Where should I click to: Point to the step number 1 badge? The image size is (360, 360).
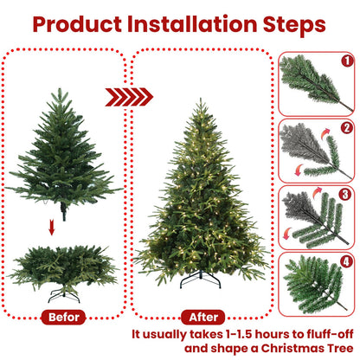pos(345,61)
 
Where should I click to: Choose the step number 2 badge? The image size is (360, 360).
pos(345,127)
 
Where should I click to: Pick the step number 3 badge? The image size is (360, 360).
pos(345,195)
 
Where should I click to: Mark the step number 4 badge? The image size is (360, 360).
pos(345,261)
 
